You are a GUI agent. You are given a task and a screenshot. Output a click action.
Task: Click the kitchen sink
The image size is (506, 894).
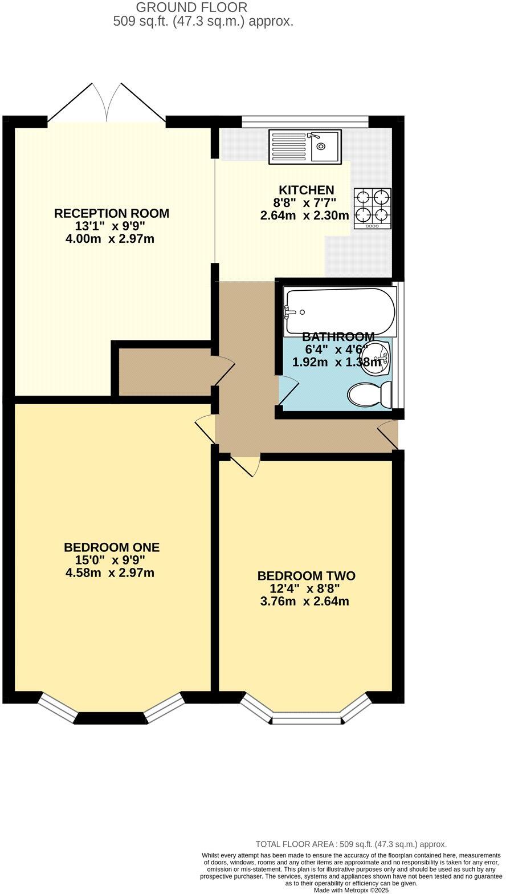pos(305,147)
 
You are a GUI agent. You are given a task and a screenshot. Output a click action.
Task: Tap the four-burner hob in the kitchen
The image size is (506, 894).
pos(373,208)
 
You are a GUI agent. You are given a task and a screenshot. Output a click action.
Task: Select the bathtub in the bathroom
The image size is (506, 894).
pos(341,311)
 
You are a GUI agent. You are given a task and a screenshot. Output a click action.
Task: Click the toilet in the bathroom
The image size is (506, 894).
pos(370,395)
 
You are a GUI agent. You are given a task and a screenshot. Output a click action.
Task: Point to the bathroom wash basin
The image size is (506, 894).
pos(376,359)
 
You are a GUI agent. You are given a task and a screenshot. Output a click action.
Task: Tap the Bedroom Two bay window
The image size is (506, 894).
pos(307,713)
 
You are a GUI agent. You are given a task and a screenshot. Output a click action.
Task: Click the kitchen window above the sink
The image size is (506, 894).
pos(305,121)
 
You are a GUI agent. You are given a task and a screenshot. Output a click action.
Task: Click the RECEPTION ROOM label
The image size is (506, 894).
pos(112,213)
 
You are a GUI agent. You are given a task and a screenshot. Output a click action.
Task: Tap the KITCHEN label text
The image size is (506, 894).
pos(306,190)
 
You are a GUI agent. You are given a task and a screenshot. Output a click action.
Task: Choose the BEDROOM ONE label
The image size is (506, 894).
pos(112,547)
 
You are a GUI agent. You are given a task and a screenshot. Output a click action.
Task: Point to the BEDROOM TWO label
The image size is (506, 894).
pos(306,575)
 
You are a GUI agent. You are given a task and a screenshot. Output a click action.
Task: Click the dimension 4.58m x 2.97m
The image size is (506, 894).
pos(110,572)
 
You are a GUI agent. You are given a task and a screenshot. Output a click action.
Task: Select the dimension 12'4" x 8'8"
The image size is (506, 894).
pos(305,588)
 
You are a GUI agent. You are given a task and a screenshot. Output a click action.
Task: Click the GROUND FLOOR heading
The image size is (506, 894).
pos(191,7)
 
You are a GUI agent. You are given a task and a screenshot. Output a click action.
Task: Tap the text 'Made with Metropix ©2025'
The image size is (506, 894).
pos(351,889)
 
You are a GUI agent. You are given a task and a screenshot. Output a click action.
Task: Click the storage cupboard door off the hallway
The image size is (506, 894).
pos(223,371)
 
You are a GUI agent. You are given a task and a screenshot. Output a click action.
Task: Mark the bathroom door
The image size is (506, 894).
pos(288,391)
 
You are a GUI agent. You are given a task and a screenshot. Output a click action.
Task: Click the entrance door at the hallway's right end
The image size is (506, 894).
pos(388,434)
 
